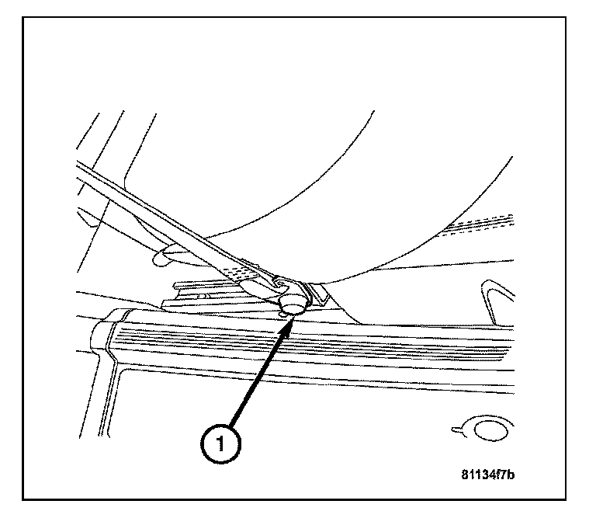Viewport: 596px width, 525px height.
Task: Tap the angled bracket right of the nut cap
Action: [x=317, y=294]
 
